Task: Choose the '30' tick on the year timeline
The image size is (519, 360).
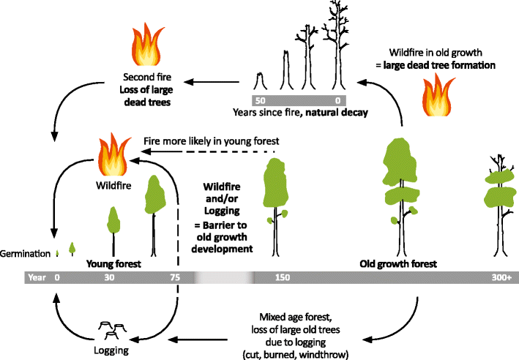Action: click(x=110, y=278)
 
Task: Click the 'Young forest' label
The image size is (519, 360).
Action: click(x=113, y=263)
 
